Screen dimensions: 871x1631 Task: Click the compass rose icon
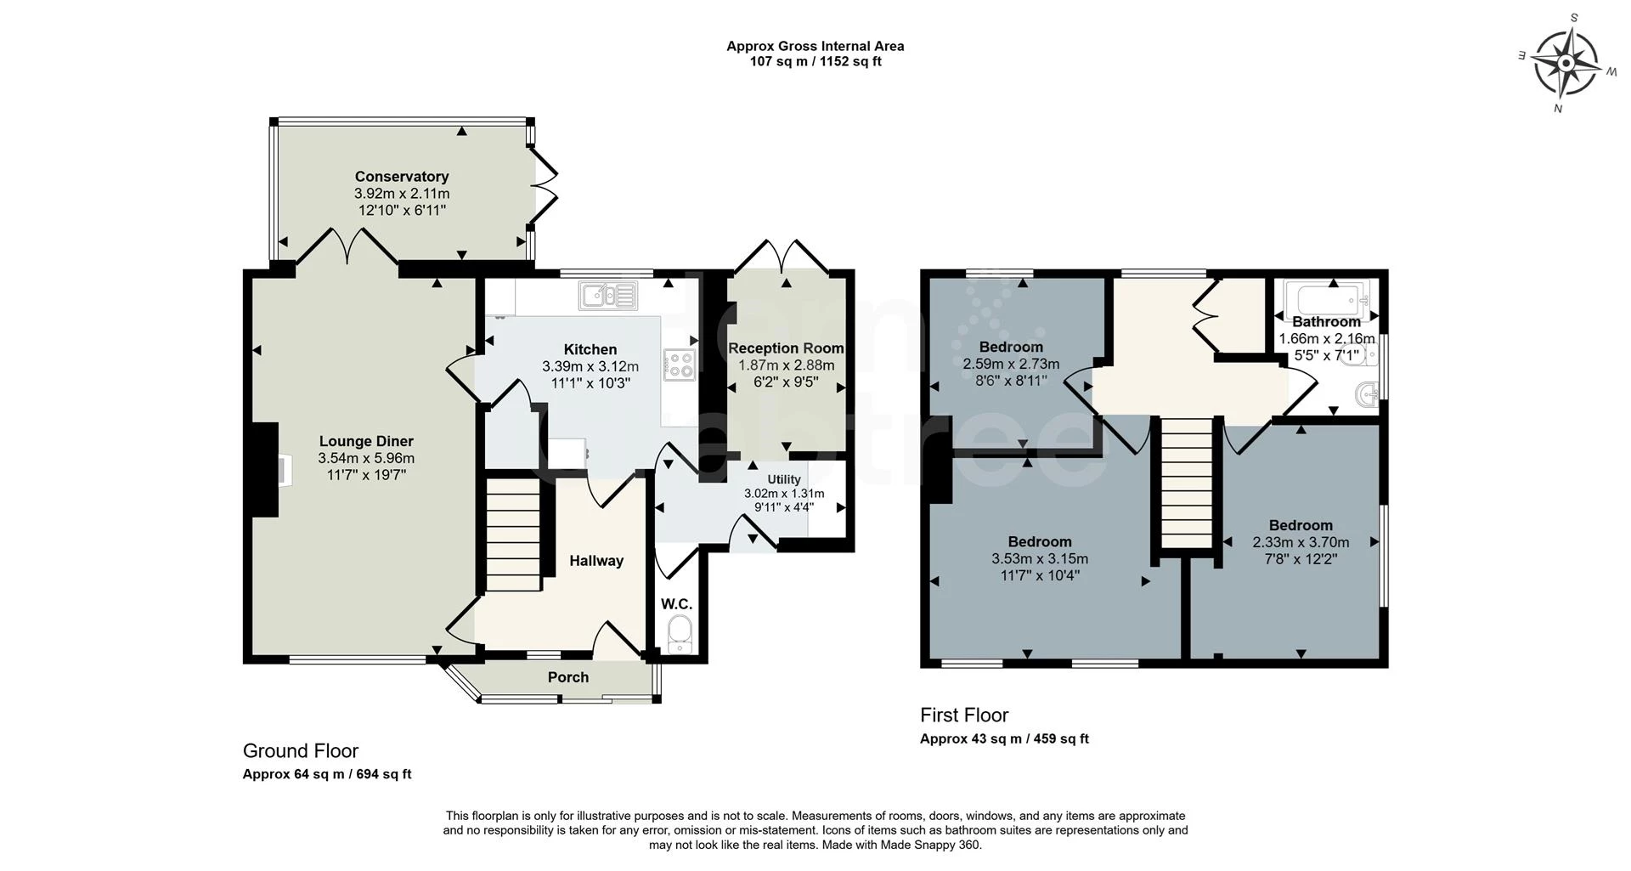[x=1566, y=65]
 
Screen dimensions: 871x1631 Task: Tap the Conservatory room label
[x=401, y=177]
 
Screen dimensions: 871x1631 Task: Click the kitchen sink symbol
[x=608, y=296]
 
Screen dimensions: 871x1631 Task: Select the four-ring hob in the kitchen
[x=680, y=365]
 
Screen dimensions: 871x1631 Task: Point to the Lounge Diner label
[x=366, y=441]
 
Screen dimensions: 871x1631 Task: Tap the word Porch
[x=568, y=677]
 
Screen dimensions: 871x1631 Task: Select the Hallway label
[x=595, y=561]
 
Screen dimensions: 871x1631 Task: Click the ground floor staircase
[x=514, y=535]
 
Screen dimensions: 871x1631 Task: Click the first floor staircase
[x=1186, y=484]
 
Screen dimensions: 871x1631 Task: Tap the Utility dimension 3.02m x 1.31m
[x=784, y=494]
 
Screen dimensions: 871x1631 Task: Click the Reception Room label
[x=786, y=348]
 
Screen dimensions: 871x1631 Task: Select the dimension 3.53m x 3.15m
[x=1040, y=559]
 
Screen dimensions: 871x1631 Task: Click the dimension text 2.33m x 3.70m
[x=1301, y=542]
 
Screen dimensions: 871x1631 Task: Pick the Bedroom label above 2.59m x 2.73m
[x=1011, y=347]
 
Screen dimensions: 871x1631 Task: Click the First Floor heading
[x=964, y=715]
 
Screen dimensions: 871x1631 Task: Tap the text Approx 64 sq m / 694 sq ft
[x=327, y=774]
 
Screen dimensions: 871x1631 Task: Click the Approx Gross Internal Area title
[x=815, y=47]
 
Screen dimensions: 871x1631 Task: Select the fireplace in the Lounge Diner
[x=265, y=469]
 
